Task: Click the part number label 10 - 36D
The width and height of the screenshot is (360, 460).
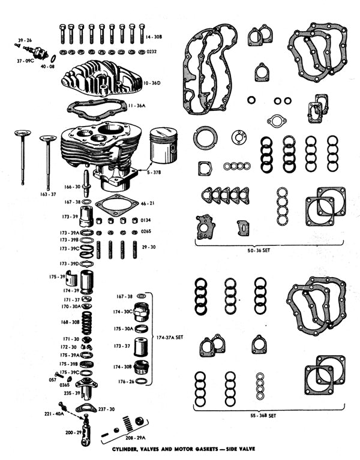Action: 152,83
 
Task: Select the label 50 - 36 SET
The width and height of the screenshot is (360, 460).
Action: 259,251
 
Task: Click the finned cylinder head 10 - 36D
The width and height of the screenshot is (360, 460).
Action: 102,78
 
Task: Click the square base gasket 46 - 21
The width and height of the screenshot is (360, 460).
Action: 116,204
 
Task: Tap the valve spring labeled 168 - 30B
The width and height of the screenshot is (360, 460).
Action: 87,323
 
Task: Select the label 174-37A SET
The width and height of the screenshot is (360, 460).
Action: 170,338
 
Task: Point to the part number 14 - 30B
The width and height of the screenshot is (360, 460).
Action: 154,37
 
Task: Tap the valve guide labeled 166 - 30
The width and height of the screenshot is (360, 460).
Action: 86,184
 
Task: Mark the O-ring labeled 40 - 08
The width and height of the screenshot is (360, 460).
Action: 53,58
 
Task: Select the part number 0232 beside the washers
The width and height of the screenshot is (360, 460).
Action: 152,52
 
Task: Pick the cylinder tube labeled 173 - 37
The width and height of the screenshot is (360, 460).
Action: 140,347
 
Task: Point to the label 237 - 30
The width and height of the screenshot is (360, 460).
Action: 107,409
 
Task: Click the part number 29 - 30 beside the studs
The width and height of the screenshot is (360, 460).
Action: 149,247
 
